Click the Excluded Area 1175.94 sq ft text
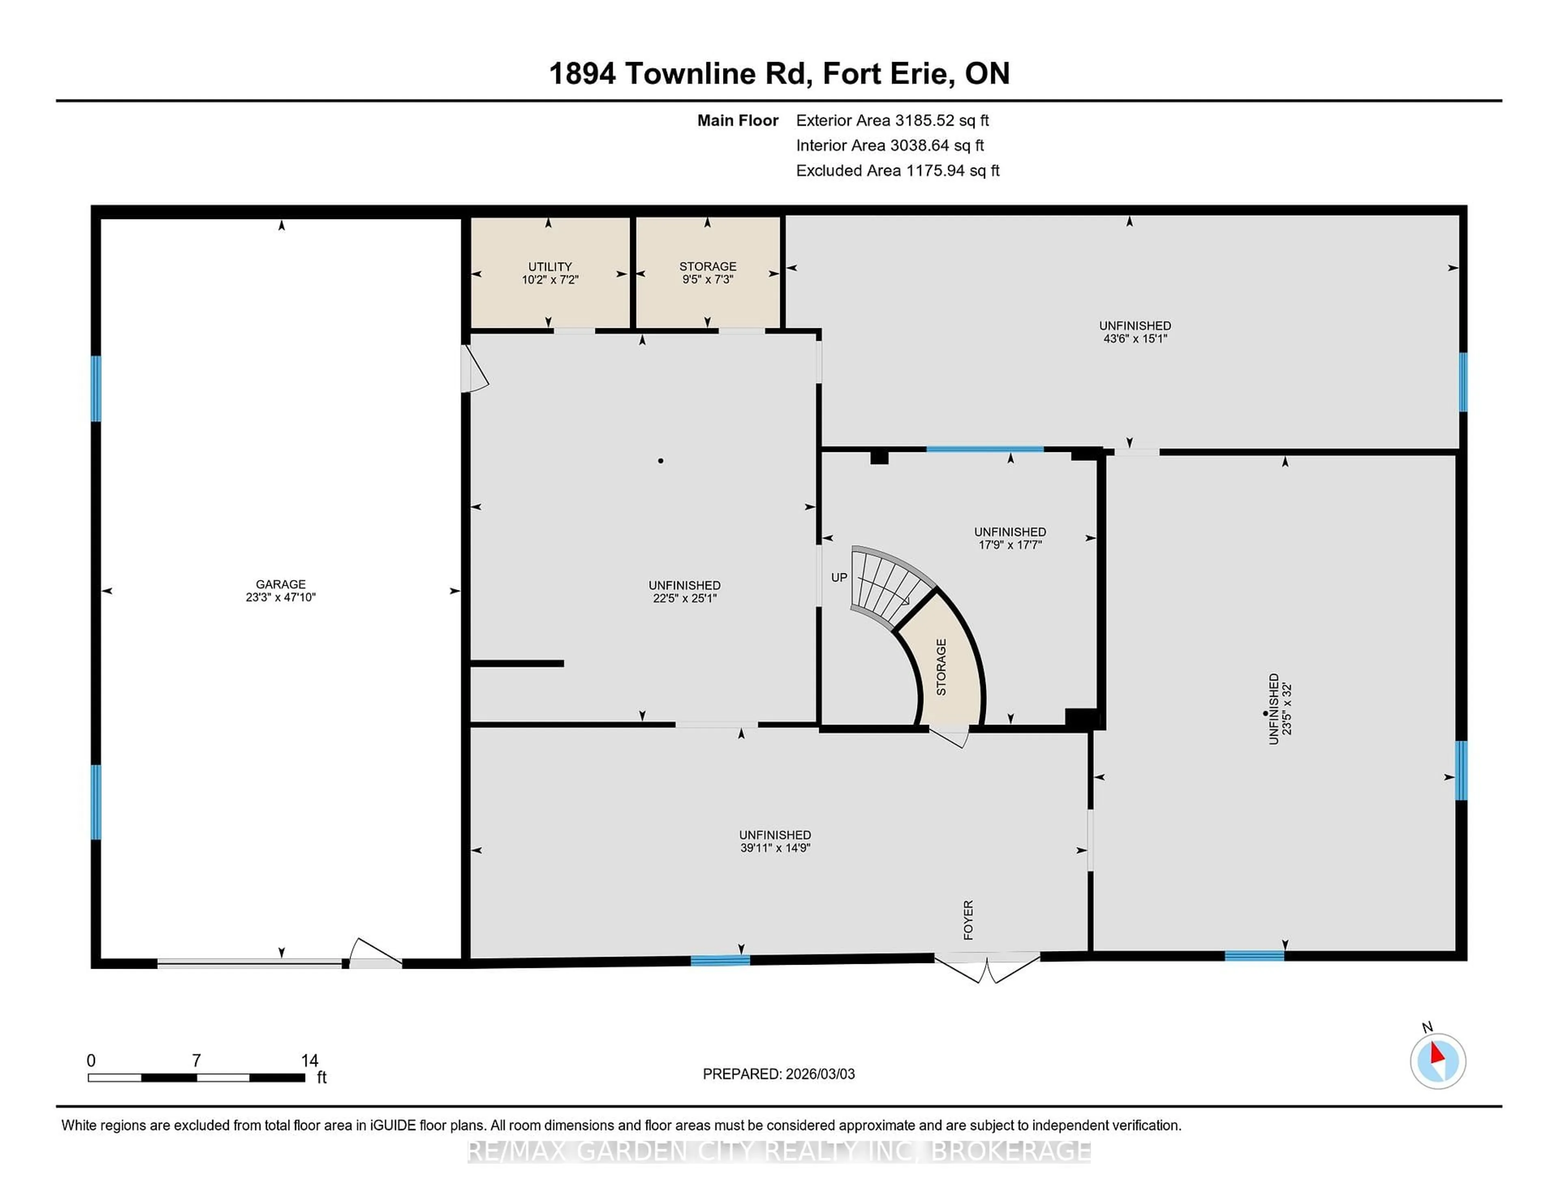(x=897, y=170)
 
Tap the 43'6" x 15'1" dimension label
(x=1134, y=339)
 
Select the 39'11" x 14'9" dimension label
(x=775, y=848)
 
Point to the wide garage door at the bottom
(x=250, y=963)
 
